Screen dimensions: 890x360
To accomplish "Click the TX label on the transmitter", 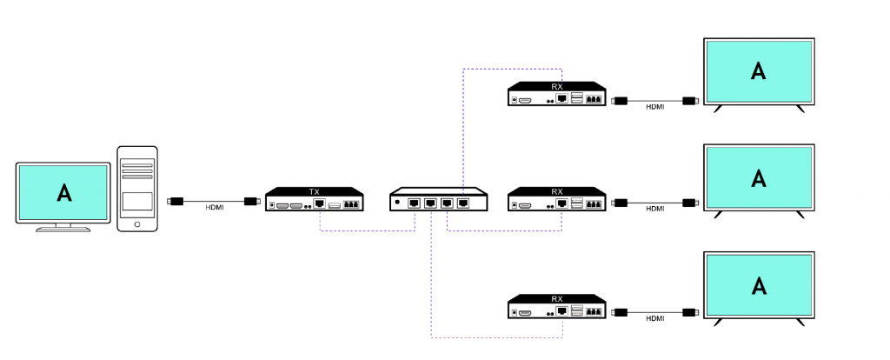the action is pos(315,192).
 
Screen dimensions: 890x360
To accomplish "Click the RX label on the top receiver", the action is pos(557,86).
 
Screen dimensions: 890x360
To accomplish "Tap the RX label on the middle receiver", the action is pos(557,192).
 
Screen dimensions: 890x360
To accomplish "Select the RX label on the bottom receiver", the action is pos(557,298).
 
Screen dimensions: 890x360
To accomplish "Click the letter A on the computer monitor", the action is pos(64,193).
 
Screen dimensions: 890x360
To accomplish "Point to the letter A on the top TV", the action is pos(758,71).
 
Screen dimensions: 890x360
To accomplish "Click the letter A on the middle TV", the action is pos(758,177).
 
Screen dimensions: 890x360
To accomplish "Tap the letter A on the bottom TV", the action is pos(758,285).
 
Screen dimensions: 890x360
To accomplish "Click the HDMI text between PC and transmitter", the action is pos(215,208).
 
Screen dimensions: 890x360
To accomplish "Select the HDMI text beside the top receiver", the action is pos(655,107).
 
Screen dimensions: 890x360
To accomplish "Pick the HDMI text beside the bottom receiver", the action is pos(655,318).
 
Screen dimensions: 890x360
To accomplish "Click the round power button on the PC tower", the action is pos(137,224).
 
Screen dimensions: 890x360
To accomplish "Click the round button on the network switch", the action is pos(397,202).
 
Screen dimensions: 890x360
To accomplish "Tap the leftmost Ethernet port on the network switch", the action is pos(414,203).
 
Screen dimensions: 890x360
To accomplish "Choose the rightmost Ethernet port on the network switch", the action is pos(463,203).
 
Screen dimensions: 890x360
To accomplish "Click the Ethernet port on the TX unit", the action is pos(320,203).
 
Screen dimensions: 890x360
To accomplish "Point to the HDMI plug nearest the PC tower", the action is pos(176,201).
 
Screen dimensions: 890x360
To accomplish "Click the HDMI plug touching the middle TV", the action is pos(690,203).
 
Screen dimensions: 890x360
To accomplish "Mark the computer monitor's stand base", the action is pos(63,229).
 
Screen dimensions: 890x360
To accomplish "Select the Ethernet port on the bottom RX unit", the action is pos(562,311).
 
